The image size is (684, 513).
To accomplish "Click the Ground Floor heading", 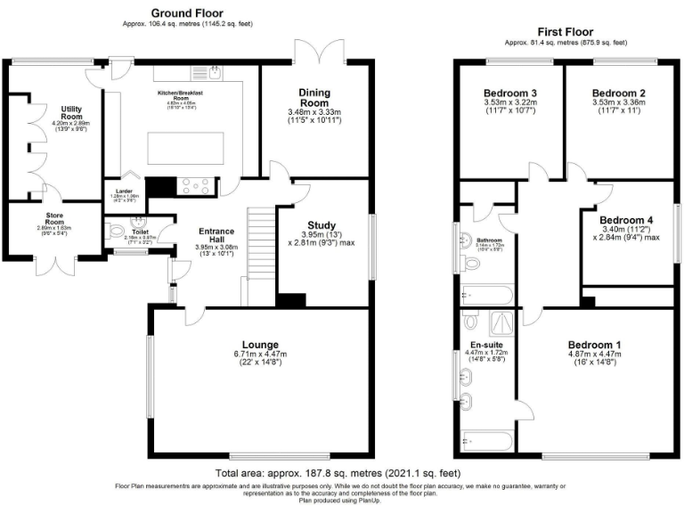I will tap(186, 12).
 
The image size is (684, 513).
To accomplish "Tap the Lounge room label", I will tap(260, 345).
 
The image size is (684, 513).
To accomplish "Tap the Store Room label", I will tap(61, 215).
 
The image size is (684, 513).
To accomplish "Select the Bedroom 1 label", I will tap(594, 345).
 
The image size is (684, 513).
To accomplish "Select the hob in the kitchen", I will tap(193, 186).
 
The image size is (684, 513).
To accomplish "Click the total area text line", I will tap(338, 472).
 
